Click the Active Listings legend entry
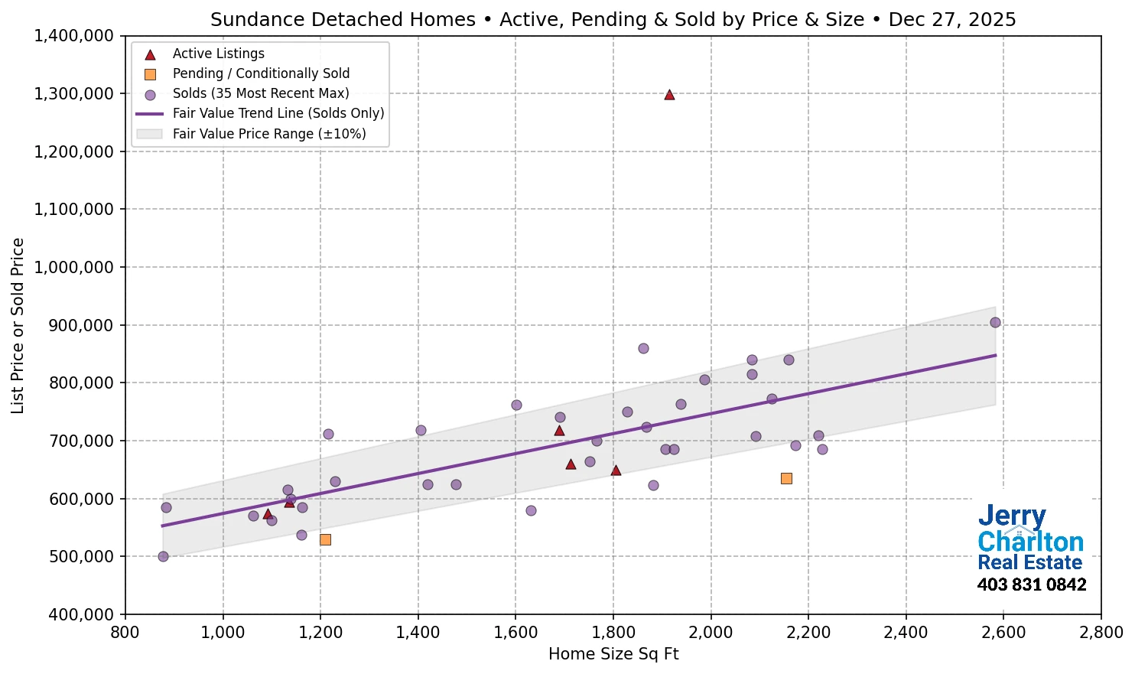click(x=218, y=54)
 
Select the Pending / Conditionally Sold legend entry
click(x=261, y=73)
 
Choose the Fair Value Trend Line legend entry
click(x=278, y=113)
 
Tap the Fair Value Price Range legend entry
click(x=269, y=134)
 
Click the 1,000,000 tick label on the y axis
click(x=74, y=268)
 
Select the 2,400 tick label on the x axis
click(x=906, y=633)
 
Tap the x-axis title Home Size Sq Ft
click(x=613, y=654)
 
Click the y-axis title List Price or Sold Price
click(x=18, y=326)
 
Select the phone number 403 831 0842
click(x=1031, y=585)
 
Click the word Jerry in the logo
click(x=1011, y=516)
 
